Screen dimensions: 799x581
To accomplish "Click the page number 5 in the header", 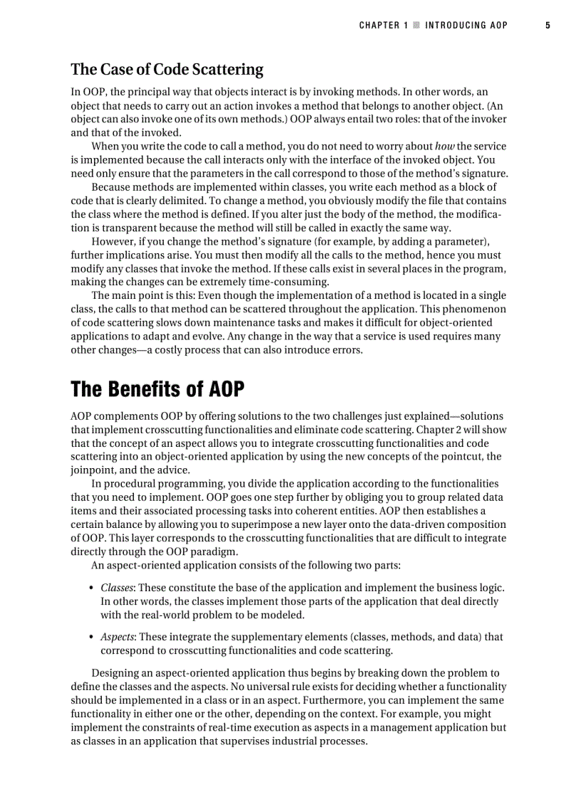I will tap(548, 25).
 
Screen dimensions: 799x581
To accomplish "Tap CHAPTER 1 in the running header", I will tap(384, 25).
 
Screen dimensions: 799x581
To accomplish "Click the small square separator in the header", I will tap(417, 25).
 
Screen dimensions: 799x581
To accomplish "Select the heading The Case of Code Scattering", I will tap(167, 70).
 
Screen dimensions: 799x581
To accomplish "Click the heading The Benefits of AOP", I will tap(157, 390).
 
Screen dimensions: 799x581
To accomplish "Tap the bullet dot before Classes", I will tap(93, 588).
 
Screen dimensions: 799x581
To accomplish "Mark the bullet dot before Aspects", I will tap(93, 637).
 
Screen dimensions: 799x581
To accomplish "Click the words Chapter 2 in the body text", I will tap(447, 429).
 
